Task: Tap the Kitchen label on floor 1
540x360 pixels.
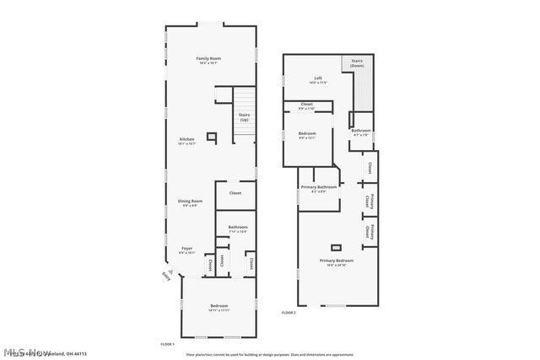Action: pyautogui.click(x=186, y=141)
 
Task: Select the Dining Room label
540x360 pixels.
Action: pyautogui.click(x=190, y=202)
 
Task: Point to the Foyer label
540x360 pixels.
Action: pyautogui.click(x=187, y=250)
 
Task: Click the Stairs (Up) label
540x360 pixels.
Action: pyautogui.click(x=244, y=117)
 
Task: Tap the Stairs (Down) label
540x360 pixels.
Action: pyautogui.click(x=357, y=62)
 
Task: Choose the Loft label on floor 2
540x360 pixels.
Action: pyautogui.click(x=317, y=81)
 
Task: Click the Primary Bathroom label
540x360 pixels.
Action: pyautogui.click(x=318, y=188)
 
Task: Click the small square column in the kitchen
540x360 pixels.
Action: pyautogui.click(x=212, y=136)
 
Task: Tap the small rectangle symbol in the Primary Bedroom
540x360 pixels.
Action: pyautogui.click(x=337, y=247)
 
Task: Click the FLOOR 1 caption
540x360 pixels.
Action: pyautogui.click(x=167, y=344)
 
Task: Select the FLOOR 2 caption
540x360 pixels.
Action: pyautogui.click(x=289, y=313)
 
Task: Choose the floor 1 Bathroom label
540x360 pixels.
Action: pyautogui.click(x=237, y=228)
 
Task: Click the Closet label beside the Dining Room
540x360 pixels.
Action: pyautogui.click(x=235, y=193)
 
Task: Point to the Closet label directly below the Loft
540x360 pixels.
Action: pyautogui.click(x=306, y=106)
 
